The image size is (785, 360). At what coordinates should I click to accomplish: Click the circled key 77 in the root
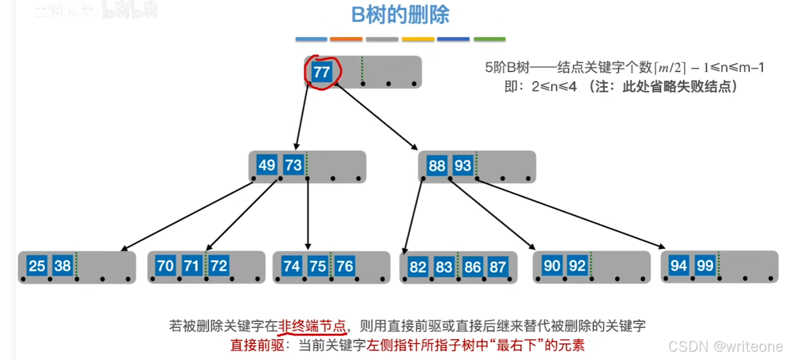pos(321,72)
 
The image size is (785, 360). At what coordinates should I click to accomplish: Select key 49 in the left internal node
pos(267,165)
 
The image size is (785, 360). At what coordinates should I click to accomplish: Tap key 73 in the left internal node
pos(293,165)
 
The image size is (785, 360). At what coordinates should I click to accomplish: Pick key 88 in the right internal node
pos(437,166)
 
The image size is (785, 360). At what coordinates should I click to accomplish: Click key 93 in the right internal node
pos(463,166)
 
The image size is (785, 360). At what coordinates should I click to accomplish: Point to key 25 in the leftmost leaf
pos(37,266)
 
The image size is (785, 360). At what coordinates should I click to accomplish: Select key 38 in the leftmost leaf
pos(62,266)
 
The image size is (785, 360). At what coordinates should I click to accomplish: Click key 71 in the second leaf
pos(192,266)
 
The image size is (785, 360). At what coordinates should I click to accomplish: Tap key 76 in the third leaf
pos(345,266)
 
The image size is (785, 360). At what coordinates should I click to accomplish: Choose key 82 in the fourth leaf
pos(417,267)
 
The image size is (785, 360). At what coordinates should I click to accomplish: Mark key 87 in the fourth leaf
pos(497,267)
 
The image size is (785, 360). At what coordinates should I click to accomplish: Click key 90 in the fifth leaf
pos(551,266)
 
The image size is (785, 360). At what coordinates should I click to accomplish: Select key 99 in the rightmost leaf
pos(705,266)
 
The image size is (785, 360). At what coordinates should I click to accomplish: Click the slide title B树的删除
pos(400,15)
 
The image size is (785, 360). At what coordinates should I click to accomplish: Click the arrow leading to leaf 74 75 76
pos(308,213)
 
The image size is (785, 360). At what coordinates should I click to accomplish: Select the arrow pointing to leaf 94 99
pos(571,213)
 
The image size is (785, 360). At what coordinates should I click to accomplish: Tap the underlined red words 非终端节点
pos(312,326)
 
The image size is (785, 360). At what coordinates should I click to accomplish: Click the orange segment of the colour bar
pos(346,39)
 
